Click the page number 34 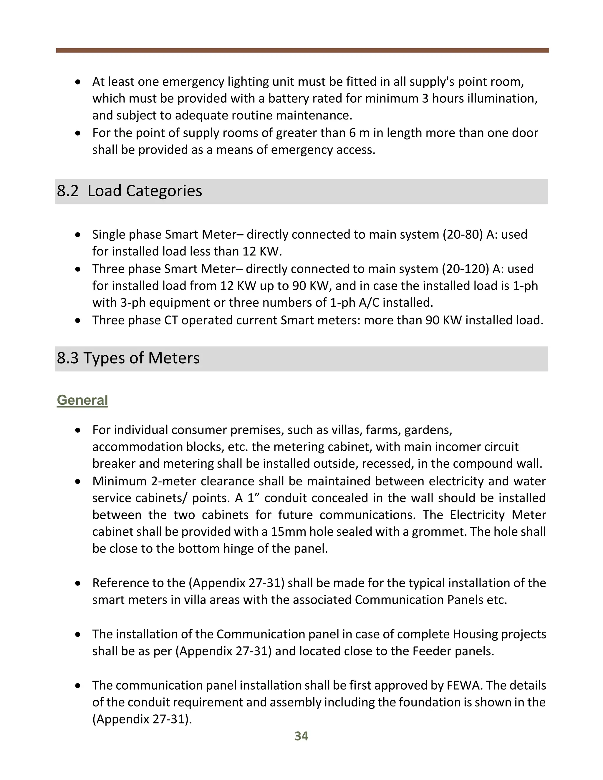click(301, 736)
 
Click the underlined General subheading click(82, 400)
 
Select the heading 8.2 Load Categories click(129, 191)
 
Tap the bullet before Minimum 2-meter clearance click(78, 482)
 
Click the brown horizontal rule click(302, 51)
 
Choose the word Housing click(475, 634)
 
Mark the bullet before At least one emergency click(78, 82)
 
